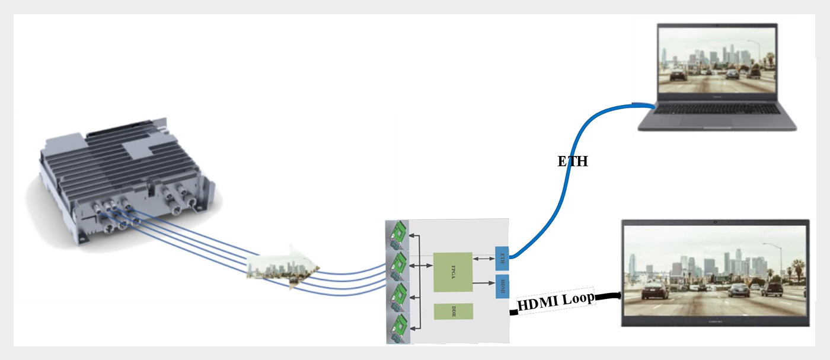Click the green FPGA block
point(453,272)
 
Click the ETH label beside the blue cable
point(573,161)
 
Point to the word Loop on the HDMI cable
point(579,300)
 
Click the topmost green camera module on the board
point(398,235)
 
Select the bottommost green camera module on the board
point(398,328)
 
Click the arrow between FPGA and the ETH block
point(483,258)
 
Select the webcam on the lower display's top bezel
point(716,222)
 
